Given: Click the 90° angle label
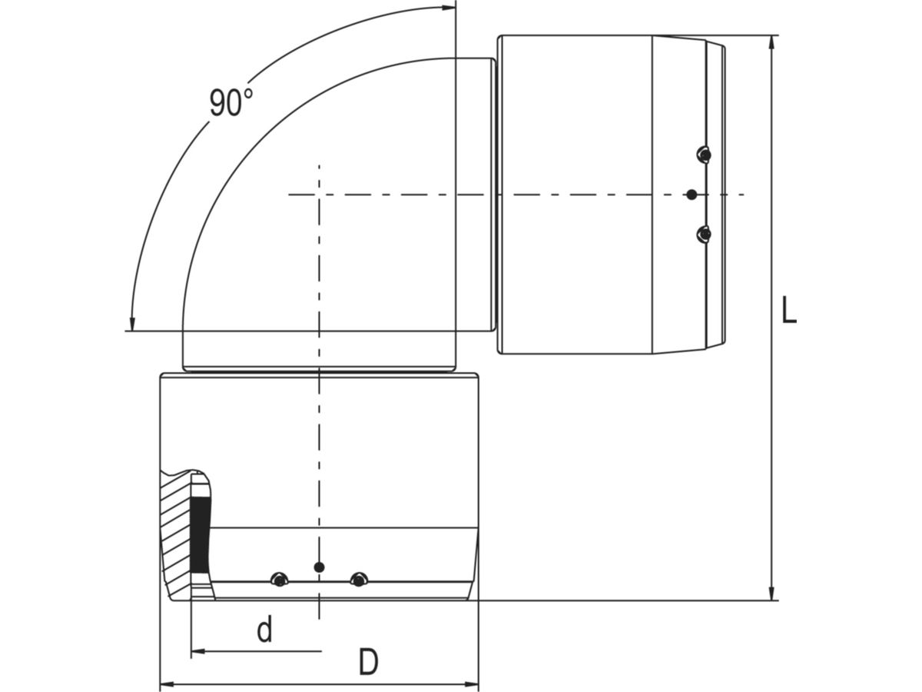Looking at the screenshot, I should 230,102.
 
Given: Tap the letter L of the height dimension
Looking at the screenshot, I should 788,311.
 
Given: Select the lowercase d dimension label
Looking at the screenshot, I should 264,630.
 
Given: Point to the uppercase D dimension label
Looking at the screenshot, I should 369,662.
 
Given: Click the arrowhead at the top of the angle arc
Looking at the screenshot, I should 448,8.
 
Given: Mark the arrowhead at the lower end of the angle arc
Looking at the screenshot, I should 133,324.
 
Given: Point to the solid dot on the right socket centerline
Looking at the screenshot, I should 691,195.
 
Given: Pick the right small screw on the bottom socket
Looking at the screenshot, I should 357,579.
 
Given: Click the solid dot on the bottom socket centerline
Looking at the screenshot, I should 320,567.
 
